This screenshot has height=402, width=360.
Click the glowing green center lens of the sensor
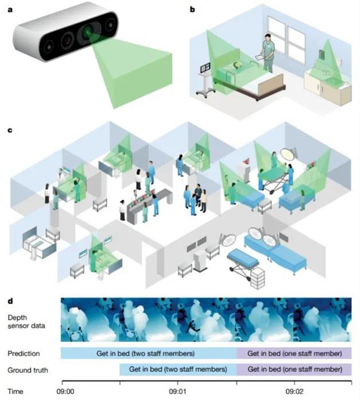[88, 34]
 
